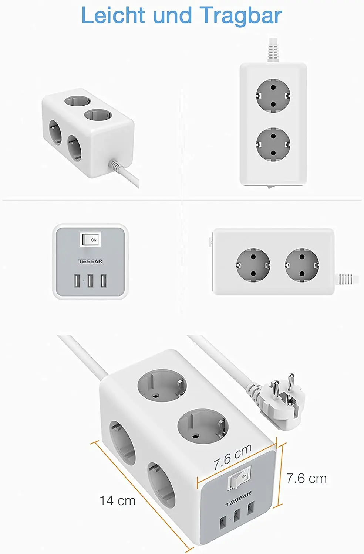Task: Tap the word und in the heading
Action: click(173, 16)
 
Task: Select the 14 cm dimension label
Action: click(117, 501)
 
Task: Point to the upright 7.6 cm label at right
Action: click(307, 479)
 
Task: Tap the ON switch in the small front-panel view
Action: click(90, 240)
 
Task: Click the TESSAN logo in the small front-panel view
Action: click(90, 261)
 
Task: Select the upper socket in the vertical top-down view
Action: click(273, 95)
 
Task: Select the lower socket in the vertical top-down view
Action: click(273, 144)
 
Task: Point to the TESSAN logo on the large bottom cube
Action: click(239, 500)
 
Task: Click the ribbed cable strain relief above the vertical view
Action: click(273, 50)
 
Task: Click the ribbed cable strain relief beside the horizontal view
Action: click(346, 279)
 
